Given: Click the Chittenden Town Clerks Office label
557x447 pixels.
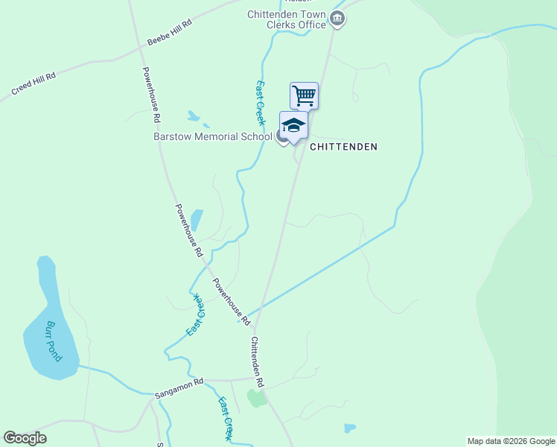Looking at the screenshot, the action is (287, 19).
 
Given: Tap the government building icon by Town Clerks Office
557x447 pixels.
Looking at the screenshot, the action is (337, 19).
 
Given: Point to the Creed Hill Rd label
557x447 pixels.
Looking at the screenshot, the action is (34, 83).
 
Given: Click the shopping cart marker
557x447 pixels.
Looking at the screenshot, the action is (304, 95).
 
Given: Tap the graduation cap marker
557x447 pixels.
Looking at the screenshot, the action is (293, 125).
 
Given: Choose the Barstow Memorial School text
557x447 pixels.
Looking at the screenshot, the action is (212, 136).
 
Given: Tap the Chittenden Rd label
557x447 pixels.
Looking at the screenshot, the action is (258, 362).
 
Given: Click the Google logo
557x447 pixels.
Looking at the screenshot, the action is (25, 438).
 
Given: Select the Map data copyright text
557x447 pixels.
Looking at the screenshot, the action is (511, 441).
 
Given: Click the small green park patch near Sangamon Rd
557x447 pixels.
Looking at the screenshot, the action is (257, 398).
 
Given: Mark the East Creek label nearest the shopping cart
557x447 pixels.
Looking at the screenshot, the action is (261, 103).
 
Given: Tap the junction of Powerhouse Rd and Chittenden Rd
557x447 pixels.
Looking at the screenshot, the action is (254, 328).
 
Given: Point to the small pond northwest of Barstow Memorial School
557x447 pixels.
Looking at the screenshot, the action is (194, 116).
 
